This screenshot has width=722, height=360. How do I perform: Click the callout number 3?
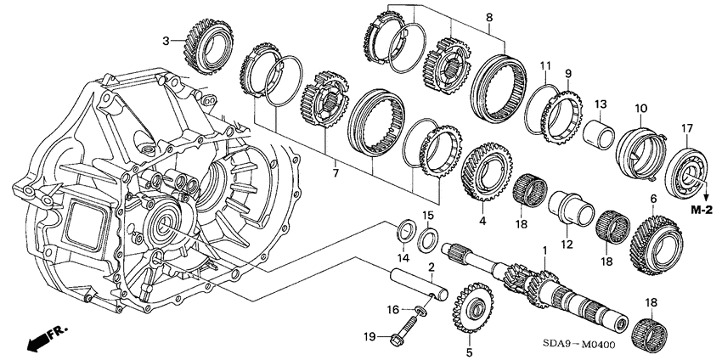pos(167,39)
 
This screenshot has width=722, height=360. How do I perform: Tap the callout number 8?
pos(488,17)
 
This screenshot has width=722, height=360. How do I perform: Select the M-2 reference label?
pos(702,209)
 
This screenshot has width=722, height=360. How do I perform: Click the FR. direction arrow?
pos(48,339)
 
